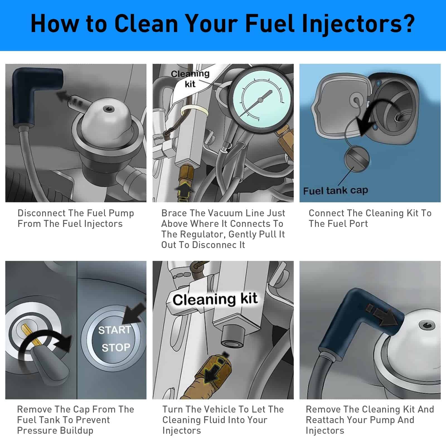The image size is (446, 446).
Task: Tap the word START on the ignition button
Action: (x=114, y=330)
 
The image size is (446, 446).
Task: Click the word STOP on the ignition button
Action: (x=116, y=348)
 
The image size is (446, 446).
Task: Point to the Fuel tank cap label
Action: (x=335, y=191)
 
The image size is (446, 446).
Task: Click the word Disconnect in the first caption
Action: (x=42, y=213)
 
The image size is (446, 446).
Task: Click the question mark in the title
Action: (x=409, y=24)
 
